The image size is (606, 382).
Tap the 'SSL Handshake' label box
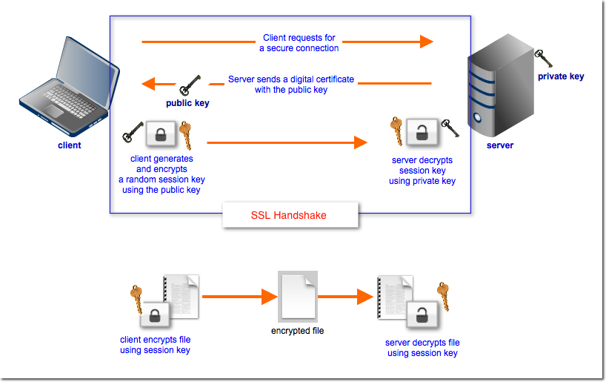pos(289,215)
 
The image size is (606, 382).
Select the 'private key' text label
pos(561,76)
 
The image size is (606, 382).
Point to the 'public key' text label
pos(187,104)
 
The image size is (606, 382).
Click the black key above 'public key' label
pos(190,83)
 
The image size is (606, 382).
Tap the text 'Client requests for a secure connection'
pos(299,43)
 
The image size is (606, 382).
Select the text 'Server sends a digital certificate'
pos(291,79)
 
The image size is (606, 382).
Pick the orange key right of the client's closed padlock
pos(185,135)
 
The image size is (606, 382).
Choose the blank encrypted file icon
pos(298,296)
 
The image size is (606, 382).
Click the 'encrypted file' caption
pos(297,331)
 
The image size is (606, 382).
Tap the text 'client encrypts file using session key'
pos(155,345)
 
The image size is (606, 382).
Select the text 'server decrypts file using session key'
pos(422,348)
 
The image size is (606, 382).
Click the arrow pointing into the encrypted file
pos(238,297)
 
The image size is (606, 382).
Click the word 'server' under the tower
pos(499,145)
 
